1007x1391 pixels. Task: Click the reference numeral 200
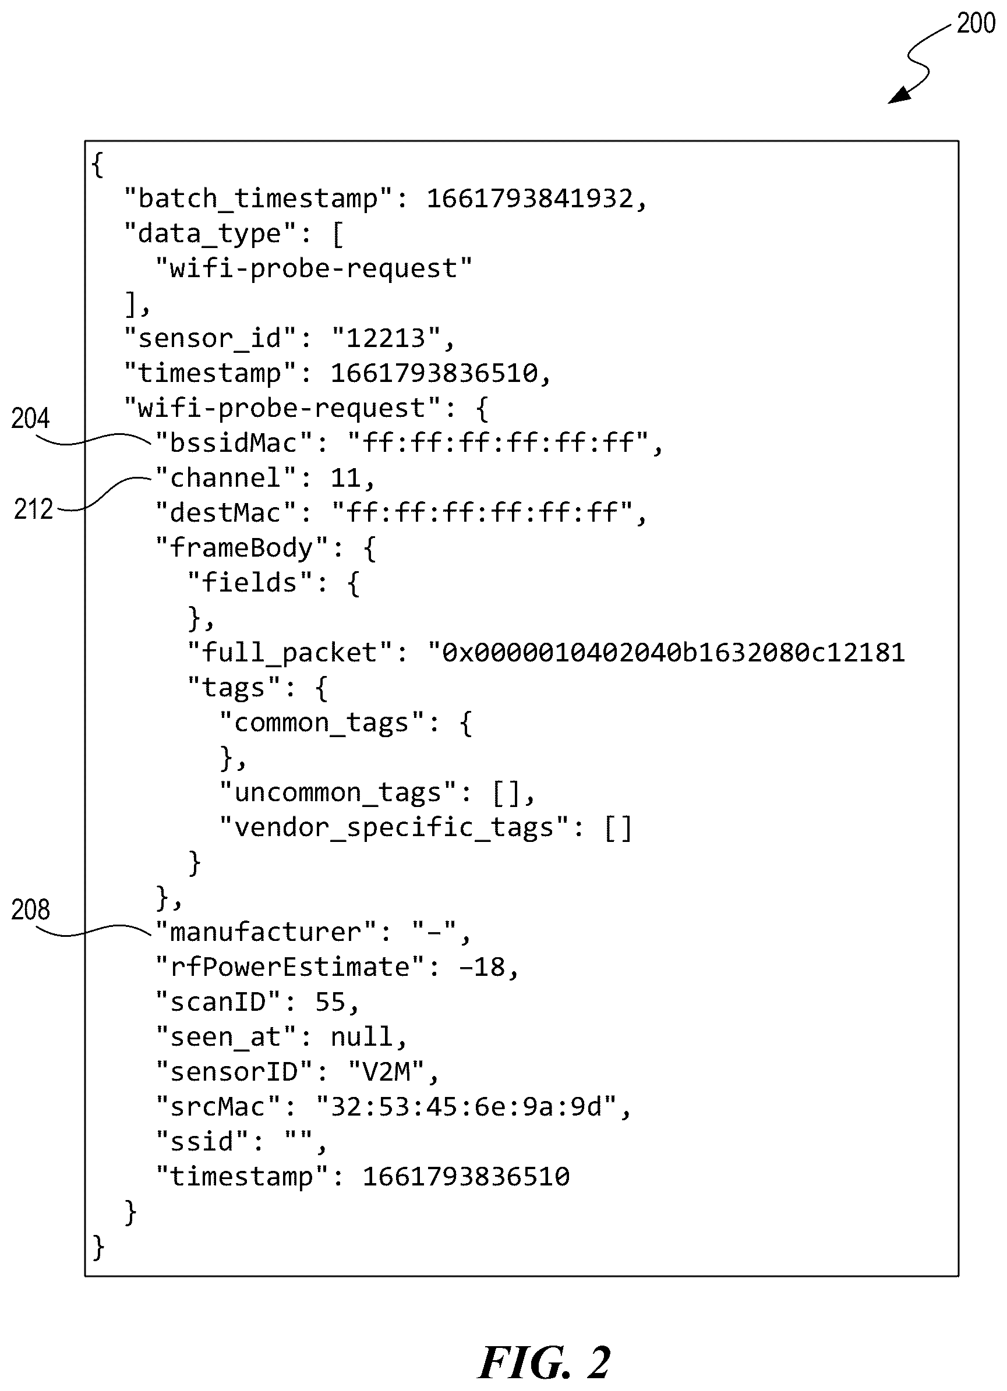[976, 23]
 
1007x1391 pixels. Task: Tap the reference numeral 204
[30, 418]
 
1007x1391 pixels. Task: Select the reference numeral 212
[33, 509]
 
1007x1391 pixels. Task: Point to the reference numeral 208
[30, 909]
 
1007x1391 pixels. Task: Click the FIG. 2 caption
[545, 1363]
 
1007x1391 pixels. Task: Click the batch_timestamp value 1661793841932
[529, 199]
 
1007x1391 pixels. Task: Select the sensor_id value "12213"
[386, 338]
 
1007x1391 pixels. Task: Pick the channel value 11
[345, 478]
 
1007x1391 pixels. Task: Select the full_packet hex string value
[666, 653]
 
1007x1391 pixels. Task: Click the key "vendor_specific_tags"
[394, 828]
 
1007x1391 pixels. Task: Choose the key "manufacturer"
[266, 932]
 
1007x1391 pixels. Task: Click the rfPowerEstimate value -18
[482, 967]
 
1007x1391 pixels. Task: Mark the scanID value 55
[330, 1002]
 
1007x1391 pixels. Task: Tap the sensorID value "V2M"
[386, 1072]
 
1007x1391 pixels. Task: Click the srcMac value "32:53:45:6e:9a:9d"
[466, 1107]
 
